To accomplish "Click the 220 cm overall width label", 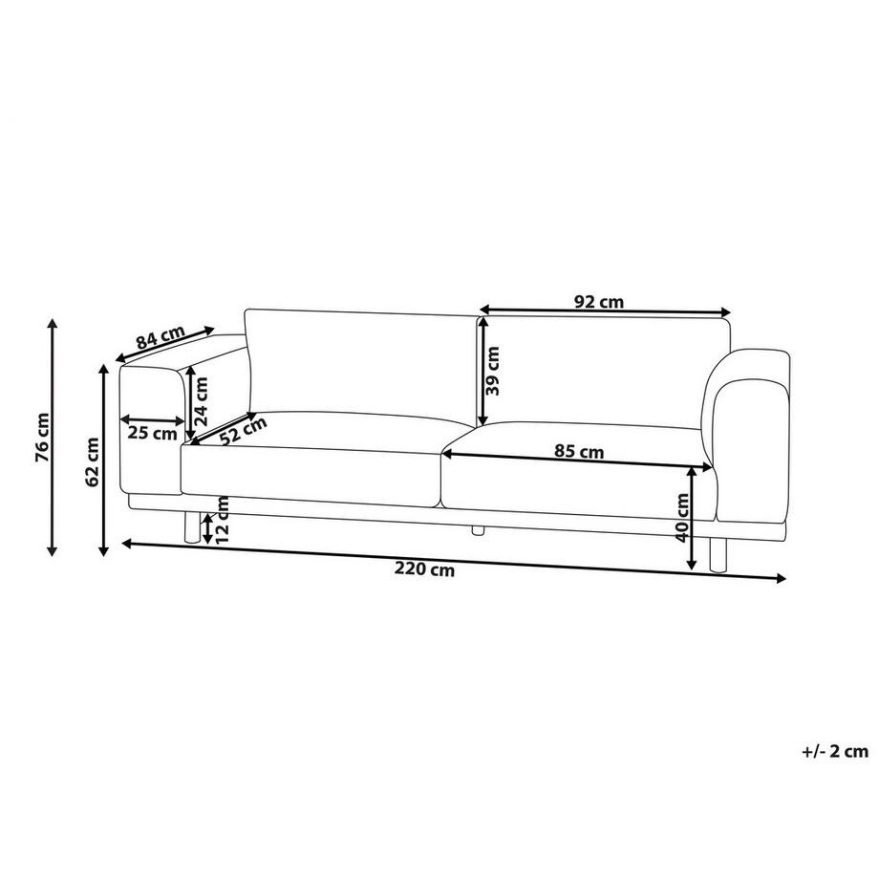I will (x=424, y=570).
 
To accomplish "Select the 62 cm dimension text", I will (x=93, y=461).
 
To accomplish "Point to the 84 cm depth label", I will (x=160, y=339).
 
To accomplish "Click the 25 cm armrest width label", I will (x=152, y=433).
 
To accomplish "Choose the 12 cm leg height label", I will (x=222, y=521).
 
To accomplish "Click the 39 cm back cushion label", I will (x=493, y=372).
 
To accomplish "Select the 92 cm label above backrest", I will (x=599, y=302).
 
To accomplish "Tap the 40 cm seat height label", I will (x=682, y=519).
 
